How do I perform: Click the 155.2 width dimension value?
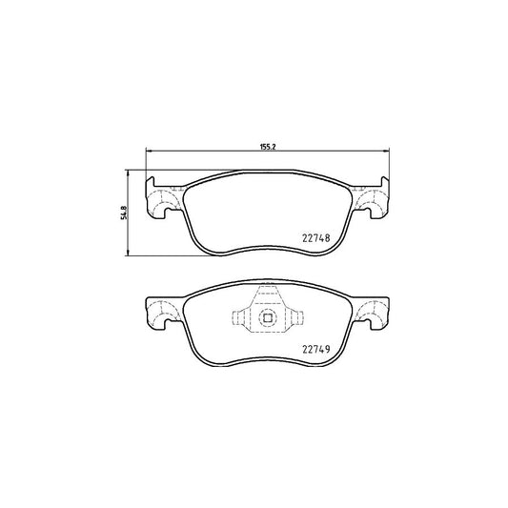(x=268, y=147)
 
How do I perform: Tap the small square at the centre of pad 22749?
(x=268, y=319)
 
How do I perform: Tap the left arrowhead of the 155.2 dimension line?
(x=147, y=152)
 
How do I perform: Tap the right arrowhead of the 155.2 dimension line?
(x=387, y=152)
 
